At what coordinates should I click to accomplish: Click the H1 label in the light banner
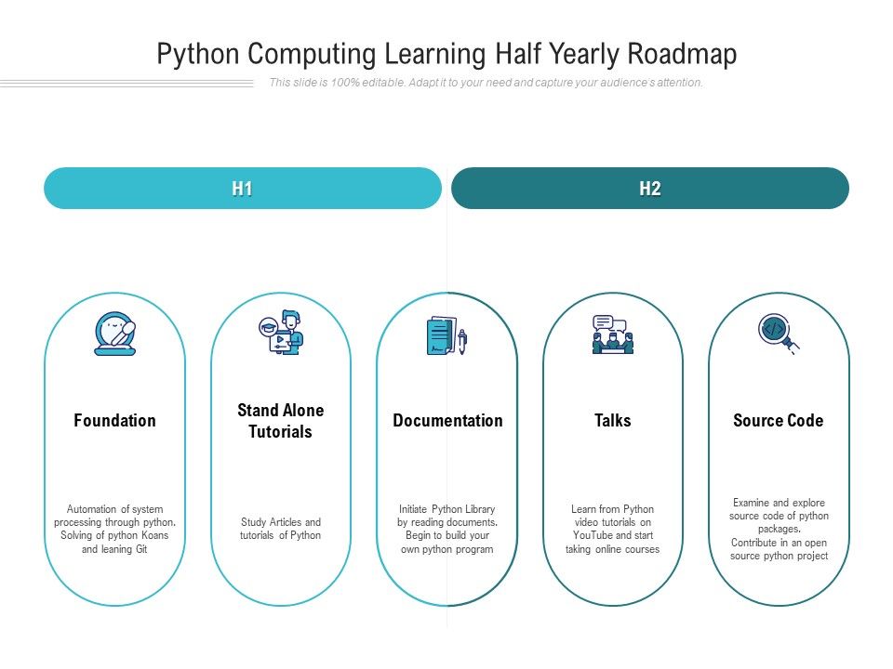coord(243,189)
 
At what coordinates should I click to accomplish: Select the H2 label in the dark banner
coord(650,189)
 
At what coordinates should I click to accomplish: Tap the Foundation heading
coord(114,421)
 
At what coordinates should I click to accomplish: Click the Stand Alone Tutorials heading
coord(281,421)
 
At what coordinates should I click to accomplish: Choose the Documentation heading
coord(447,421)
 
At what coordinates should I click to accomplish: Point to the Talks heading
coord(613,421)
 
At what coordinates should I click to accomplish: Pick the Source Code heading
coord(779,421)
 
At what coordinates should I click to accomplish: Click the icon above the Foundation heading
coord(115,334)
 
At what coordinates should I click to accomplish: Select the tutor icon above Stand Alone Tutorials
coord(281,333)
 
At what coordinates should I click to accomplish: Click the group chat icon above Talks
coord(613,334)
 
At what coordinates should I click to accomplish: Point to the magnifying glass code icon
coord(778,333)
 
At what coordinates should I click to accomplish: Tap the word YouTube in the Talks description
coord(592,536)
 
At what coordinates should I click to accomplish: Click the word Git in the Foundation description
coord(140,549)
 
